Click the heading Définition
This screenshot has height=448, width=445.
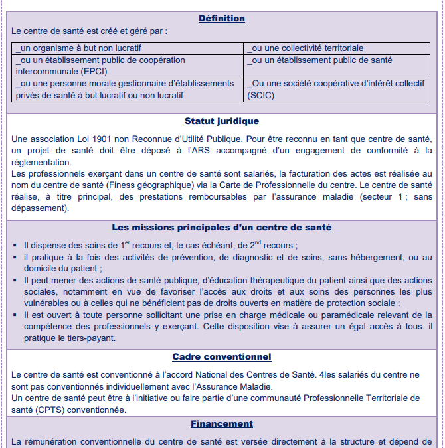pos(222,18)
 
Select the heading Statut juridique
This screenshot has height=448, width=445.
pos(222,121)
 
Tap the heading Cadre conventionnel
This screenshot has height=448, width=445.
pos(222,356)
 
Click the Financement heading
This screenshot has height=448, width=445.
pos(222,423)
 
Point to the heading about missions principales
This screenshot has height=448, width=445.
pos(222,227)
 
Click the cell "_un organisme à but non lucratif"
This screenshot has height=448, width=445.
pos(79,48)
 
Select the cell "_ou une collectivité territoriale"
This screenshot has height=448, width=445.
pos(305,48)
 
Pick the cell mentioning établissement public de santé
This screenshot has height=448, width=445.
pos(319,60)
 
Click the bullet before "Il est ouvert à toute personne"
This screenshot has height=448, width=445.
pos(15,315)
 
